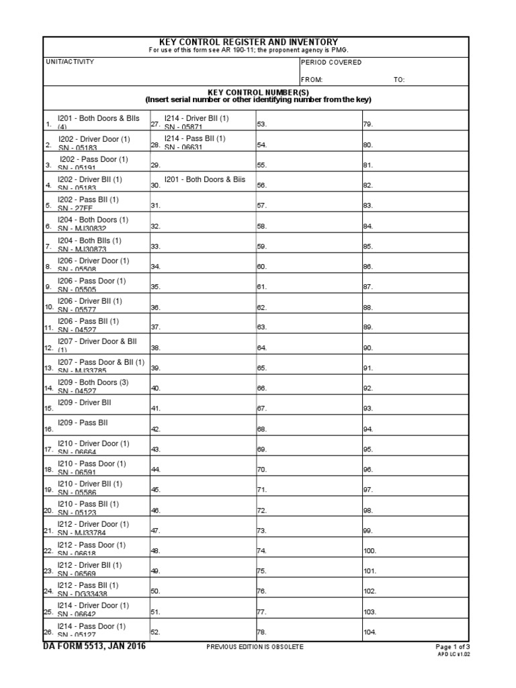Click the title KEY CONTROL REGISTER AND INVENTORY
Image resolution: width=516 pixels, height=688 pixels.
[257, 42]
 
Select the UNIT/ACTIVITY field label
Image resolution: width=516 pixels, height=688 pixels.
[69, 62]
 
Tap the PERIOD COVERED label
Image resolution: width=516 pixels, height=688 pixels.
[331, 62]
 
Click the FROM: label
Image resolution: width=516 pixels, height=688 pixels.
[312, 80]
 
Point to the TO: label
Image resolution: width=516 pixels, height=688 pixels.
[399, 80]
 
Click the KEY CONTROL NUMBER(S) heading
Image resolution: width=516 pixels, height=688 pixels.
[257, 93]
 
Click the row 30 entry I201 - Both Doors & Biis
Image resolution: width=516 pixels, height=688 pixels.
[205, 179]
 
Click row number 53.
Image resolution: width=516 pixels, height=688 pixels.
[262, 124]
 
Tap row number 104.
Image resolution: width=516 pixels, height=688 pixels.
[370, 632]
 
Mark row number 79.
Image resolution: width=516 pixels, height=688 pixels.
[368, 124]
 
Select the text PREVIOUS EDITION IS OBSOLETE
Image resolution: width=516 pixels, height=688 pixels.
[256, 647]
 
